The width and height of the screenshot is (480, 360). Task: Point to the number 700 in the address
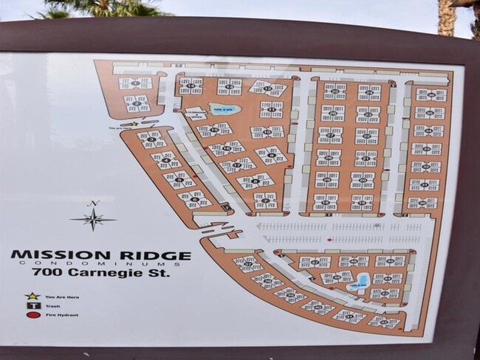coord(44,272)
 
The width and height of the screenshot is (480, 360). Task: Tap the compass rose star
coord(94,219)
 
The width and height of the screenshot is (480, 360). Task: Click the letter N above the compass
coord(93,204)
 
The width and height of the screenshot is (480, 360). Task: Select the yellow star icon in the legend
coord(32,296)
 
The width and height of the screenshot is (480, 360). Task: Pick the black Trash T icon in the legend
coord(32,305)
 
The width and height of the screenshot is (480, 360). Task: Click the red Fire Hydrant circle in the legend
coord(32,315)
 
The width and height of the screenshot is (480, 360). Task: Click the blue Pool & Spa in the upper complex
coord(224,109)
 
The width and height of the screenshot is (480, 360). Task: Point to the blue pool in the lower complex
coord(360,281)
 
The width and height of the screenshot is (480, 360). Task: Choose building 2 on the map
coord(137,103)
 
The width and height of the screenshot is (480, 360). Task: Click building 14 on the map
coord(191,86)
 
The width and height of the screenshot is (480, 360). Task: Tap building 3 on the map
coord(151,139)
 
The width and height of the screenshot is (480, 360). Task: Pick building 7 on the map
coord(265,199)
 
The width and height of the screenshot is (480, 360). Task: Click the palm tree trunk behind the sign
coord(446,18)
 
